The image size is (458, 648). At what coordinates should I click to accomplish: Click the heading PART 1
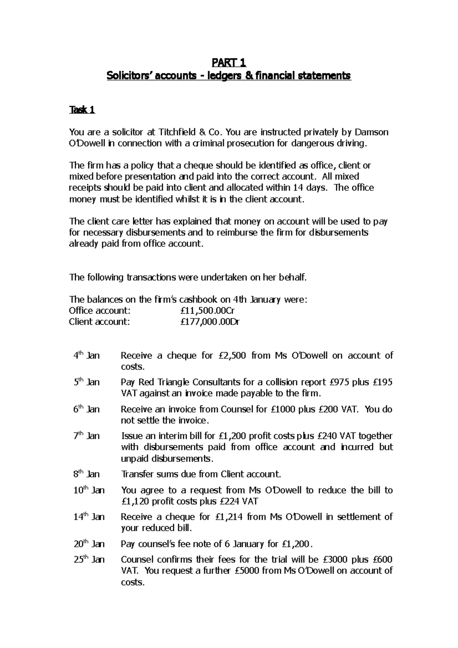pos(229,62)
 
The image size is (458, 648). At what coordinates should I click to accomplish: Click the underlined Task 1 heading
pos(82,110)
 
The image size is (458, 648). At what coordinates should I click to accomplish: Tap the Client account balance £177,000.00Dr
pos(210,322)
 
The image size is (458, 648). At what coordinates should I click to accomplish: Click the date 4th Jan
pos(87,356)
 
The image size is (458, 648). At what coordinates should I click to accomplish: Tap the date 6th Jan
pos(87,409)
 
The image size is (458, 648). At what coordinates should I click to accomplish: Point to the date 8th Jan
pos(87,474)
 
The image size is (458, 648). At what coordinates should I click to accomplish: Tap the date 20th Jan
pos(89,544)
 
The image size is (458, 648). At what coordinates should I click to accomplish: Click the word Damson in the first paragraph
pos(372,132)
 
